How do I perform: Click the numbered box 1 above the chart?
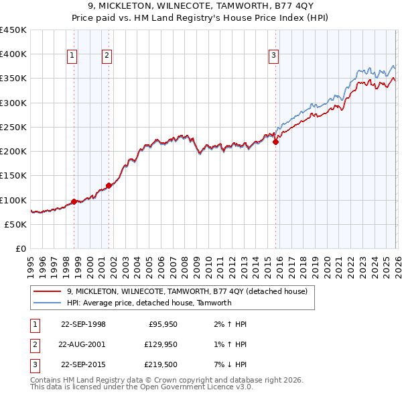pos(72,56)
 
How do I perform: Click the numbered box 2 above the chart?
pos(107,56)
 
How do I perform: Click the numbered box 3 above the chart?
pos(273,56)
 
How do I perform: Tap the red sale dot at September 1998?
pos(74,201)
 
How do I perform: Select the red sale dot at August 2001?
pos(109,185)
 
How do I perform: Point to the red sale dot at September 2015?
pos(275,142)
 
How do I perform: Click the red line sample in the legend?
pos(48,291)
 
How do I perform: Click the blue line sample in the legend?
pos(48,303)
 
